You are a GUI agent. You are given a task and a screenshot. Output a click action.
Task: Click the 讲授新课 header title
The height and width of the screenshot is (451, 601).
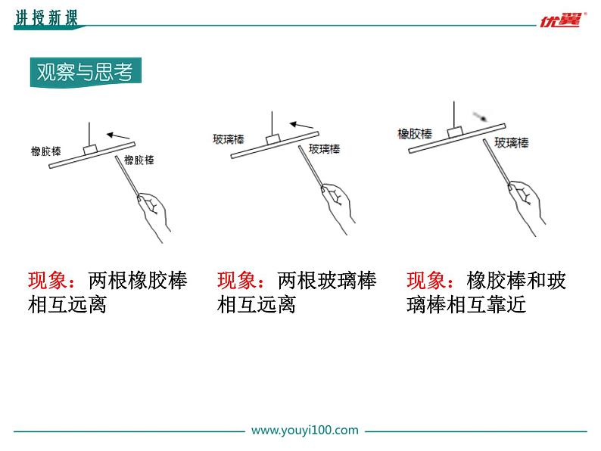[46, 17]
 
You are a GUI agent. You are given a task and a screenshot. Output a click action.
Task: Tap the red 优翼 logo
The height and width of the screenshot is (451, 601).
[562, 20]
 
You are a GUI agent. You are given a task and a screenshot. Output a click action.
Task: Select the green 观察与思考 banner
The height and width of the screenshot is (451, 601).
[86, 72]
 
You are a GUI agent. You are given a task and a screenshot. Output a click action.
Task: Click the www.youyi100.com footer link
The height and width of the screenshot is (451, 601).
[305, 430]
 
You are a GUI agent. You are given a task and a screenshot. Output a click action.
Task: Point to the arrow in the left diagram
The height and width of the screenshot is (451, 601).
[118, 135]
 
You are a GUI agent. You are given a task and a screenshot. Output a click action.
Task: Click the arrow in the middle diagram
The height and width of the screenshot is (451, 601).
[301, 125]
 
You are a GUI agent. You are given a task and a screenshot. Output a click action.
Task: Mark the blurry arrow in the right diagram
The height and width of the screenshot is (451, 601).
[480, 116]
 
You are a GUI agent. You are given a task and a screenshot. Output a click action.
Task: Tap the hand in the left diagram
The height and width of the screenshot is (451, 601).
[154, 216]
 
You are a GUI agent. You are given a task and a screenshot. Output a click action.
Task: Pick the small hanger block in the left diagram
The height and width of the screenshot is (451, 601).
[91, 150]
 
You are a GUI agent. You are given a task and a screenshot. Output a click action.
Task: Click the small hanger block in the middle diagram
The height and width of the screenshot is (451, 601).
[273, 139]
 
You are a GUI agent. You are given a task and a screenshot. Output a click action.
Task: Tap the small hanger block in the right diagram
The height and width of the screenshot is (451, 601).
[455, 132]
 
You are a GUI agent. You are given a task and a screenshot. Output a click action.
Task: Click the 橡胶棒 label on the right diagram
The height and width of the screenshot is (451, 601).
[415, 134]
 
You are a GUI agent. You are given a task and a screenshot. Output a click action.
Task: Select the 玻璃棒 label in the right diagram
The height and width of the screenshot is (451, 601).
[512, 143]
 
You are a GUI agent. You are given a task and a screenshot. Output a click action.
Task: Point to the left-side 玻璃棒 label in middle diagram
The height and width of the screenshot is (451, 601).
[229, 139]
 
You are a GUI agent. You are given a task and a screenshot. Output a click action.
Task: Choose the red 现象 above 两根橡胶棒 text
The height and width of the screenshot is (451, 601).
[47, 281]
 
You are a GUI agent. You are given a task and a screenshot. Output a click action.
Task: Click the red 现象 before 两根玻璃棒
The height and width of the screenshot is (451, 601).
[236, 281]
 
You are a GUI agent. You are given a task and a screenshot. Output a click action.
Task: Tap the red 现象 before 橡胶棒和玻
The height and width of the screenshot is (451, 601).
[426, 281]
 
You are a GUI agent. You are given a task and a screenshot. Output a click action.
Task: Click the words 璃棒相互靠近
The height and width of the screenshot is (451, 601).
[466, 305]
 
